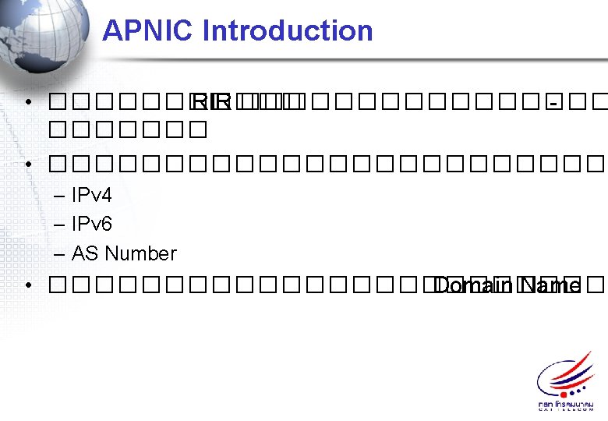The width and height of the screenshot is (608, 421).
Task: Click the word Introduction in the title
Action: click(288, 31)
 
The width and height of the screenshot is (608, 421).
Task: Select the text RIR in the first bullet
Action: click(211, 102)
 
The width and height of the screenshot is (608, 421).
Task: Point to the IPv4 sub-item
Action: click(91, 195)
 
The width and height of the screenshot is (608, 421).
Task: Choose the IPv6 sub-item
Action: click(91, 225)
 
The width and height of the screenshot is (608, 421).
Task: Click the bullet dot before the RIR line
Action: click(28, 102)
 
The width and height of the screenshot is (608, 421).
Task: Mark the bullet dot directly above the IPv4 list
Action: click(28, 165)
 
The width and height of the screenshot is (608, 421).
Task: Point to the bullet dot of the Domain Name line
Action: click(28, 285)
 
